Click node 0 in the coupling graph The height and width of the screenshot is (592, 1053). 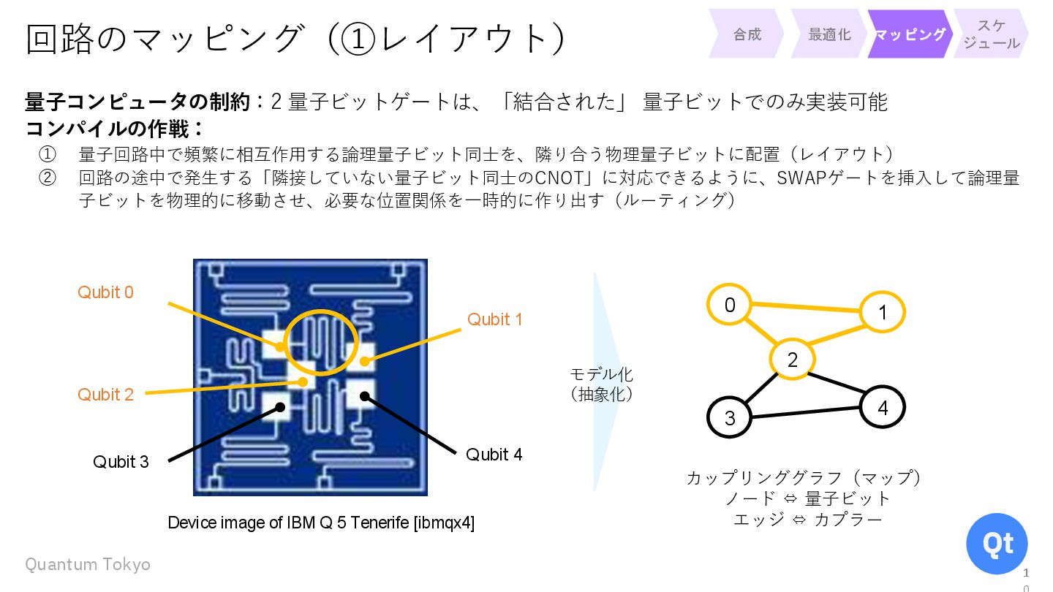pyautogui.click(x=729, y=304)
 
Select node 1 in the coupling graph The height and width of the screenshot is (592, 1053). pyautogui.click(x=882, y=313)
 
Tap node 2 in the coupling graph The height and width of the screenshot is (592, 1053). pyautogui.click(x=792, y=359)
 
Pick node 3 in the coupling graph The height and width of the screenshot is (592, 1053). pyautogui.click(x=730, y=417)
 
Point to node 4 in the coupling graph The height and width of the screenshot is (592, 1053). pyautogui.click(x=882, y=407)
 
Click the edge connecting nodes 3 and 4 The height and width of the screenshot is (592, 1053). pyautogui.click(x=806, y=413)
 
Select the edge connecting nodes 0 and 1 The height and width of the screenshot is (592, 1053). pyautogui.click(x=805, y=308)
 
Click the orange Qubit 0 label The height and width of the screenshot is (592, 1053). pyautogui.click(x=106, y=292)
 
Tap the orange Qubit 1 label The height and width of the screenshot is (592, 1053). pyautogui.click(x=495, y=319)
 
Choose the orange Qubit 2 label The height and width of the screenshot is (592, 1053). pyautogui.click(x=106, y=395)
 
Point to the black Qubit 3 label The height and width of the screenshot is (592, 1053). pyautogui.click(x=121, y=462)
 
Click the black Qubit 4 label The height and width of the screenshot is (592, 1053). pyautogui.click(x=494, y=455)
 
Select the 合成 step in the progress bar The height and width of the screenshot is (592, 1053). pyautogui.click(x=747, y=34)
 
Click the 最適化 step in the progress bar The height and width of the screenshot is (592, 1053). pyautogui.click(x=829, y=34)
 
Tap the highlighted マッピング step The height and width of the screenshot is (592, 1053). pyautogui.click(x=910, y=34)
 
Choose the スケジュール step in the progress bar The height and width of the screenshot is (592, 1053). pyautogui.click(x=991, y=34)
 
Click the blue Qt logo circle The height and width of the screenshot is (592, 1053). pyautogui.click(x=997, y=544)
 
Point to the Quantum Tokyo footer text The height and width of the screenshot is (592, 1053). pyautogui.click(x=88, y=564)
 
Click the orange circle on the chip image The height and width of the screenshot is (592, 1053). pyautogui.click(x=322, y=342)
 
